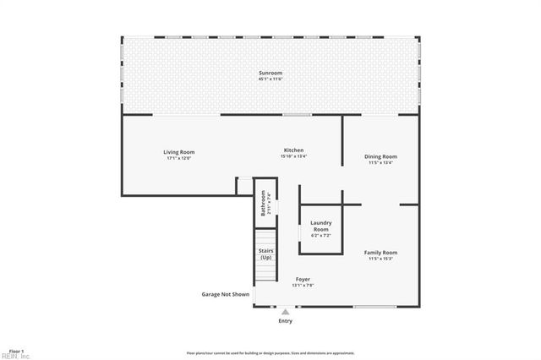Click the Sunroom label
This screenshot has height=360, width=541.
click(270, 74)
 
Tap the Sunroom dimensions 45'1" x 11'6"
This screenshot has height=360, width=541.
click(270, 79)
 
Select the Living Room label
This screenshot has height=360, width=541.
click(178, 152)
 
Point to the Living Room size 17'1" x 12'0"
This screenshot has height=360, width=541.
click(178, 157)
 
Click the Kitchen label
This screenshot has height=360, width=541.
click(293, 150)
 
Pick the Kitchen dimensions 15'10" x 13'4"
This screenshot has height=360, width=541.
click(293, 155)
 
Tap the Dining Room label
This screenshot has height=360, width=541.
click(380, 156)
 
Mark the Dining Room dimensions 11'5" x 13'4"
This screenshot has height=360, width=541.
click(380, 162)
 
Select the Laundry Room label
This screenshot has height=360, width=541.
click(321, 226)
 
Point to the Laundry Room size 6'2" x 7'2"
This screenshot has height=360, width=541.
click(321, 236)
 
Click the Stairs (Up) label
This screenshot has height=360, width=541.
click(265, 254)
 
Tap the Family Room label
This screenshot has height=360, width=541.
click(380, 252)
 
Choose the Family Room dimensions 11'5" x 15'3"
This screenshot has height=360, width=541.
click(380, 258)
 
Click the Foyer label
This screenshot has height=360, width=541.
click(302, 279)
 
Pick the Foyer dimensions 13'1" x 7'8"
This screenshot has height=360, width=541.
click(302, 285)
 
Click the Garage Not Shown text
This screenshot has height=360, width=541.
click(225, 294)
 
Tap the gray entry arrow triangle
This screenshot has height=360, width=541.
click(285, 312)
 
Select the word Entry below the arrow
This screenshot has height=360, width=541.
click(285, 321)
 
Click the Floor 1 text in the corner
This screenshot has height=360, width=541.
click(17, 350)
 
